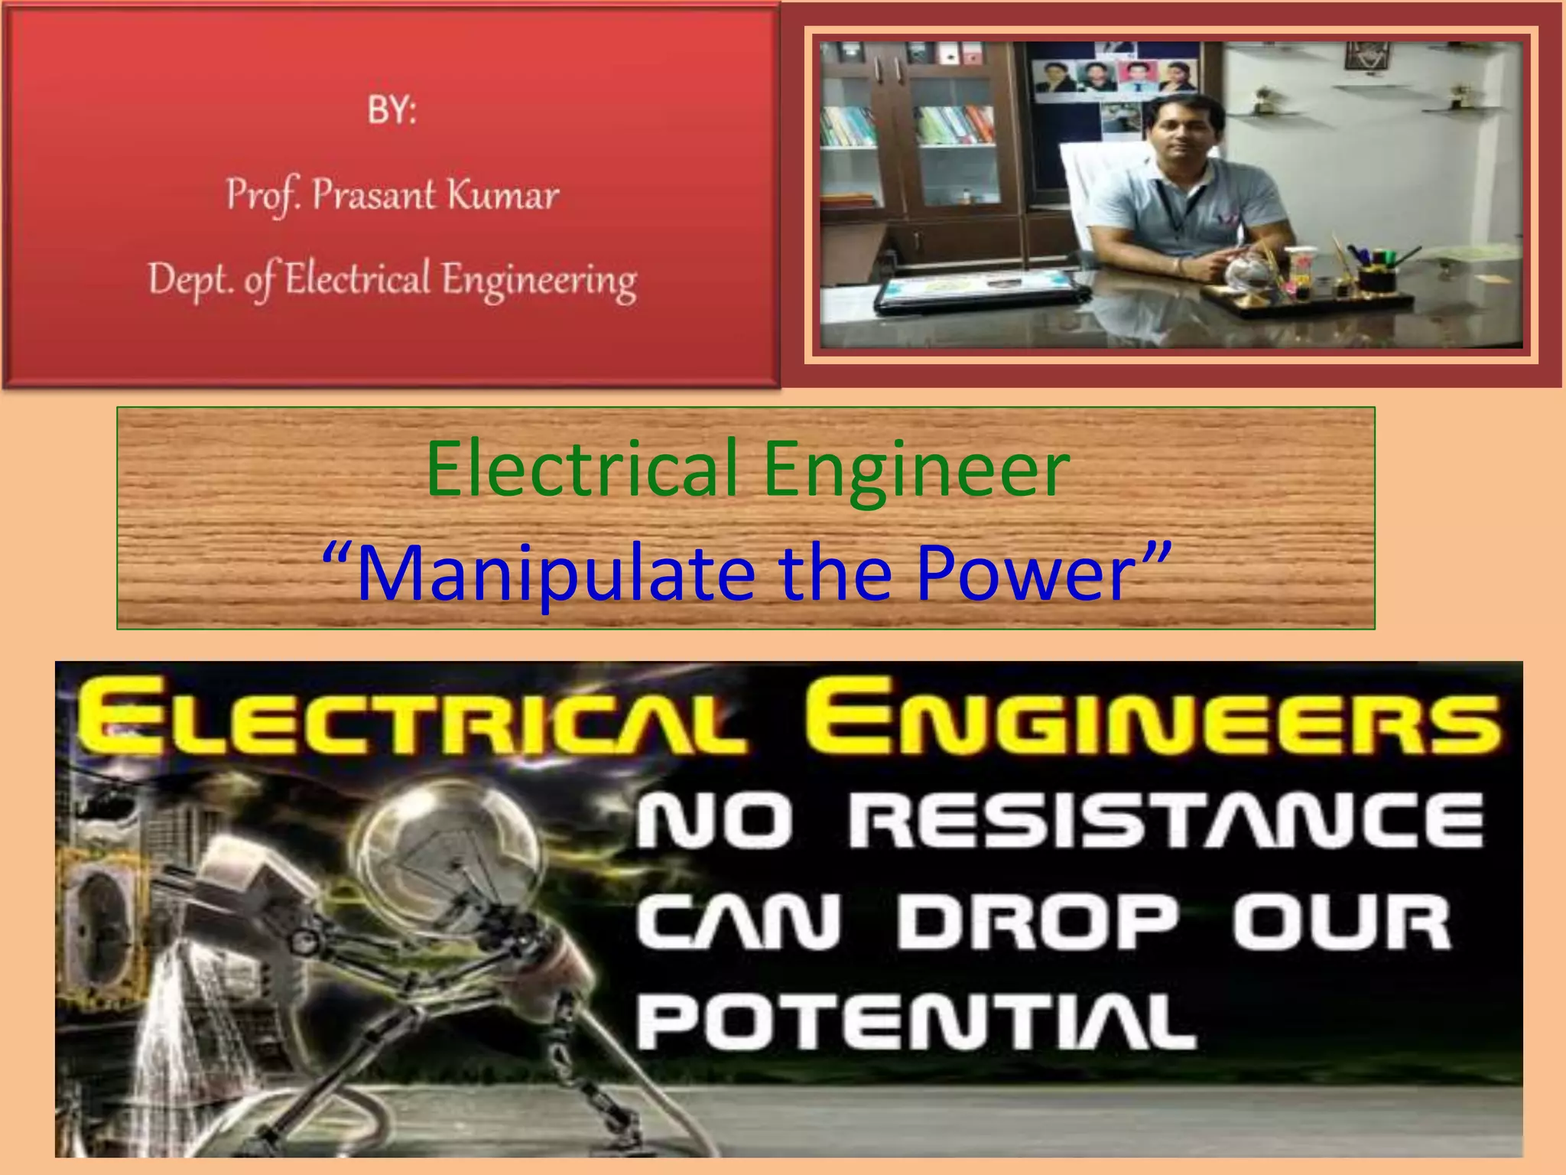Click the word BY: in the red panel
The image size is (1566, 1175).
[391, 111]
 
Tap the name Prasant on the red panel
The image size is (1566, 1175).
[373, 194]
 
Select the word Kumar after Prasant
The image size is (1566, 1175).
[503, 194]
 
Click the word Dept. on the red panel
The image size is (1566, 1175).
[190, 279]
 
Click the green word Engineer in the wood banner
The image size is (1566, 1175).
[916, 468]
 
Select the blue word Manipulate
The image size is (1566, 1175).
[556, 574]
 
